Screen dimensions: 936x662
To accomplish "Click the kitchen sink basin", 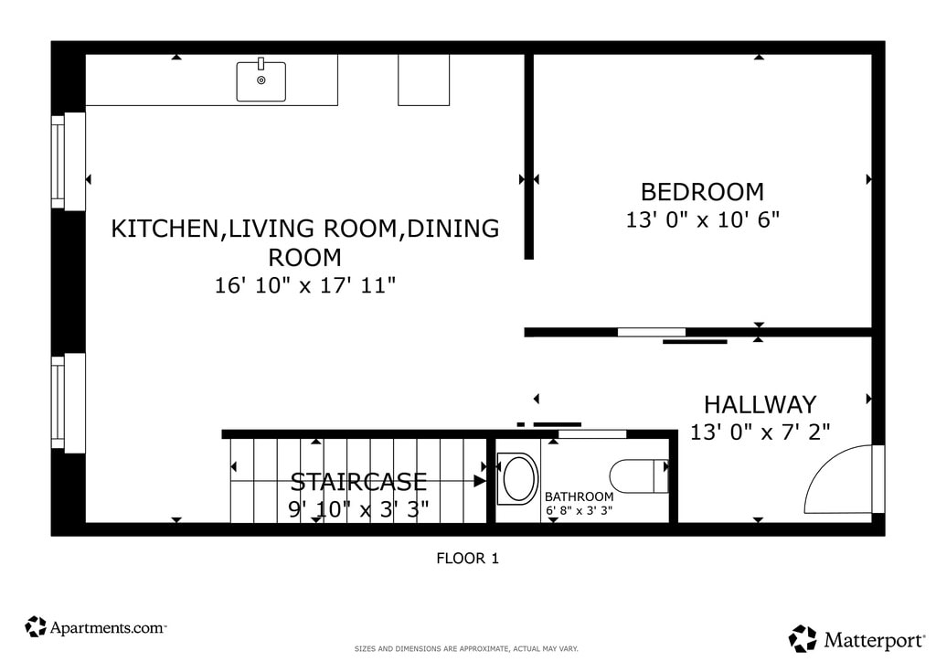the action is click(261, 81).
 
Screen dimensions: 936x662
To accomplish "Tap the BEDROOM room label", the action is click(702, 192).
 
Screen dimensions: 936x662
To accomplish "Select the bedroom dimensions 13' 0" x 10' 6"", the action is click(702, 219).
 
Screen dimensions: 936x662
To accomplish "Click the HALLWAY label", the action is click(760, 405).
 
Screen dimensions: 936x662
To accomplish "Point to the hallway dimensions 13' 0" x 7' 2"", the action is click(760, 432).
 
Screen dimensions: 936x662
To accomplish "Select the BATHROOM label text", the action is click(579, 496).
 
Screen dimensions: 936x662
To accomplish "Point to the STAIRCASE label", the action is click(358, 482).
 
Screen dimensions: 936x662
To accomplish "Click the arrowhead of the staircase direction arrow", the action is click(480, 481).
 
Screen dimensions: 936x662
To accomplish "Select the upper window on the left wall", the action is click(68, 161).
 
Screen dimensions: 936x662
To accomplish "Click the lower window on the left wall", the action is click(68, 403).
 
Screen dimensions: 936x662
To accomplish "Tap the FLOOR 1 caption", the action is click(467, 558).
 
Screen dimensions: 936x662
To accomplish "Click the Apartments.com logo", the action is click(95, 626).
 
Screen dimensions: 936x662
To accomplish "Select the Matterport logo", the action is click(856, 639).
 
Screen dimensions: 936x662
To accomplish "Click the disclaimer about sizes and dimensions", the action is click(466, 649).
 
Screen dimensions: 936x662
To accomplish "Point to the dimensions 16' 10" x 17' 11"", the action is click(305, 285).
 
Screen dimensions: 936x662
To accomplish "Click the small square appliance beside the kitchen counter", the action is click(424, 80).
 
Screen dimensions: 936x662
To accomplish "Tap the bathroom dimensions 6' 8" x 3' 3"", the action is click(579, 511).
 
